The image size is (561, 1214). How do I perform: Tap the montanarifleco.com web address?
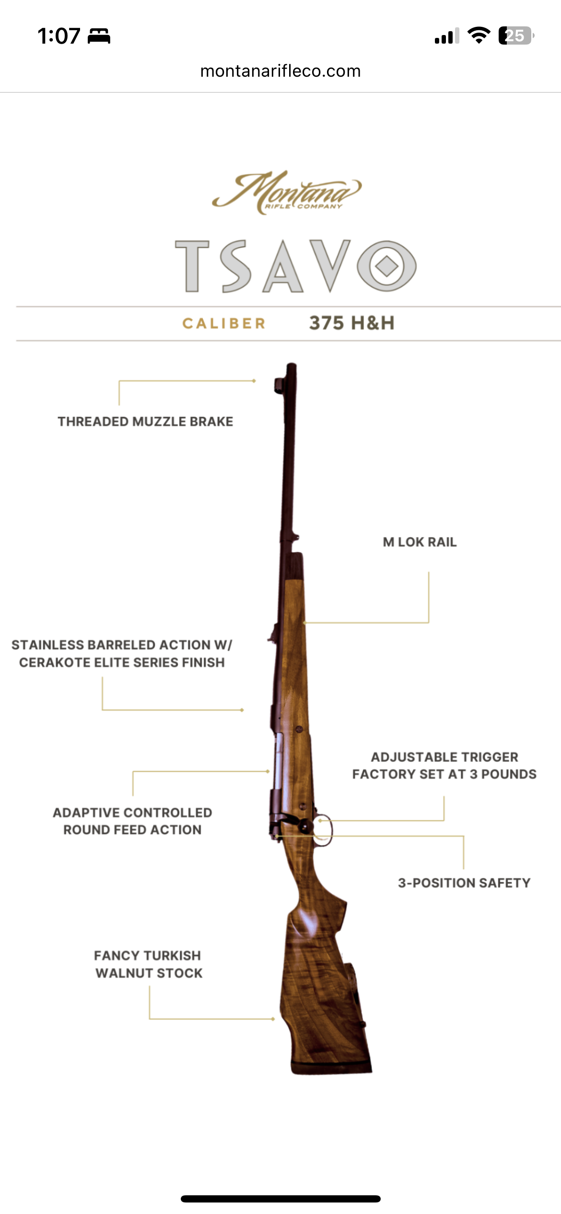coord(280,71)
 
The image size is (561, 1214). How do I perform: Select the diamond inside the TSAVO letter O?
coord(387,266)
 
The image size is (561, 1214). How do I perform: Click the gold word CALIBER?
coord(224,324)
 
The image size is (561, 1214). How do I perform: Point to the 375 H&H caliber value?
coord(352,323)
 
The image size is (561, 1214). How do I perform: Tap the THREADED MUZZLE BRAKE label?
coord(146,421)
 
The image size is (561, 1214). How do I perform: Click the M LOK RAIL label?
coord(420,542)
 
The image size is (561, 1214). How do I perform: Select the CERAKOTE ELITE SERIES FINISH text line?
coord(122,663)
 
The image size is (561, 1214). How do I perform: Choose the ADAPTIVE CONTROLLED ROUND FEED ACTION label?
coord(132,821)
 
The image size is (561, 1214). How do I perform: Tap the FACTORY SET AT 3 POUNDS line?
coord(444,774)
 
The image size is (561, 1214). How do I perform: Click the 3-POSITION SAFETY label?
coord(464,883)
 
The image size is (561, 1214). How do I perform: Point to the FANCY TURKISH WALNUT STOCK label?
coord(149,964)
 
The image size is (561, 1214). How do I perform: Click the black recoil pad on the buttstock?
coord(331,1067)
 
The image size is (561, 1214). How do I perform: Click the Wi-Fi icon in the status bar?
coord(479,35)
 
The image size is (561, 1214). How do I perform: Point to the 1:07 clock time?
coord(59,36)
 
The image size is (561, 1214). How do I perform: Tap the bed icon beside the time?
coord(99,36)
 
